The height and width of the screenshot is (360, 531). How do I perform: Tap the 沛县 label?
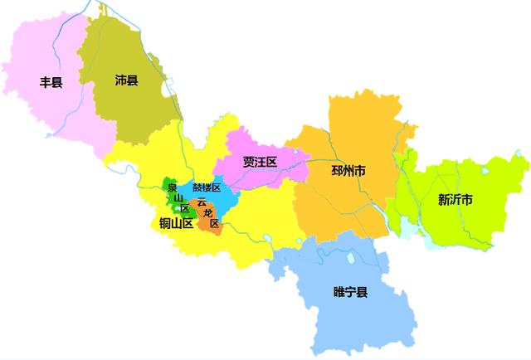[x=126, y=80]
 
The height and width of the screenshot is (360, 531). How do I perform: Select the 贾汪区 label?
[x=259, y=162]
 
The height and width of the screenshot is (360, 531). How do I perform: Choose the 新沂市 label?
[x=455, y=200]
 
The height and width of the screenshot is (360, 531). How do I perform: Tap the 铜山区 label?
[x=176, y=222]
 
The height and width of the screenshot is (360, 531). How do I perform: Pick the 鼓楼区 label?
[x=207, y=188]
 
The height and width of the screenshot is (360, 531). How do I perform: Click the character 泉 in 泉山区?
[x=172, y=187]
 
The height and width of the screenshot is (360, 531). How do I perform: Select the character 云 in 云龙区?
[x=202, y=202]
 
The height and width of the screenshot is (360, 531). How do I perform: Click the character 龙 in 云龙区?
[x=207, y=213]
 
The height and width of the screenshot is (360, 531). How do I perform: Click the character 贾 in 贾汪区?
[x=248, y=162]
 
